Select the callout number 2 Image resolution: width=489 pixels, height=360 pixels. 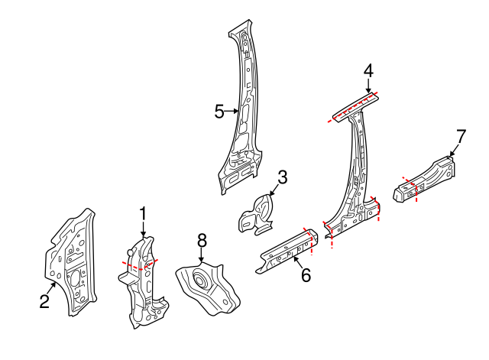[44, 302]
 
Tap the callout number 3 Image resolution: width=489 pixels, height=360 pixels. [282, 178]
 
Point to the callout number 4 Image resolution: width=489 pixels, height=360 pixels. [368, 71]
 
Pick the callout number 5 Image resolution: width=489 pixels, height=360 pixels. [219, 112]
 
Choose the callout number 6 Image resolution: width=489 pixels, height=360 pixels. [306, 275]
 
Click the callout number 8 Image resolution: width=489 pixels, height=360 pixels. [202, 241]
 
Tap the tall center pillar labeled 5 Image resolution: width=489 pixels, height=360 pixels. [243, 115]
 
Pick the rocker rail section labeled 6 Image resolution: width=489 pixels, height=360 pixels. [287, 251]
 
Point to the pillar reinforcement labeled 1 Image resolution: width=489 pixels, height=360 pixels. [142, 283]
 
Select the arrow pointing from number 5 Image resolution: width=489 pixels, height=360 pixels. [232, 112]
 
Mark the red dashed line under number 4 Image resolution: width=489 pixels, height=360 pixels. [353, 107]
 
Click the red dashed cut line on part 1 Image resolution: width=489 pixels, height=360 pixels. [140, 264]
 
